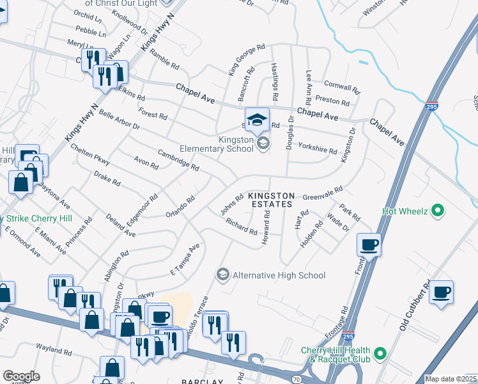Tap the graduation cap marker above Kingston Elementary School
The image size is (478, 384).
point(257,119)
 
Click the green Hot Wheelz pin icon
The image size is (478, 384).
point(437,210)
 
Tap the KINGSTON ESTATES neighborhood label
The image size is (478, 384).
point(271,200)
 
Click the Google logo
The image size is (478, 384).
point(20,376)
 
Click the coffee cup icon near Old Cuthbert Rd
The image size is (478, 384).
point(441,292)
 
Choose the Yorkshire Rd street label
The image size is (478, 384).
point(317,148)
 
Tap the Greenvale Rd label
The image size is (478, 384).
point(323,190)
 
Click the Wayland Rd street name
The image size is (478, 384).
point(54,351)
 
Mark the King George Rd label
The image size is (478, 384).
point(247,60)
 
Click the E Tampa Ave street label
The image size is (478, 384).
point(185,261)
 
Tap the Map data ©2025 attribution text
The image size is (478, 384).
point(451,379)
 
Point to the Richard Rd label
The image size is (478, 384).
point(241,226)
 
